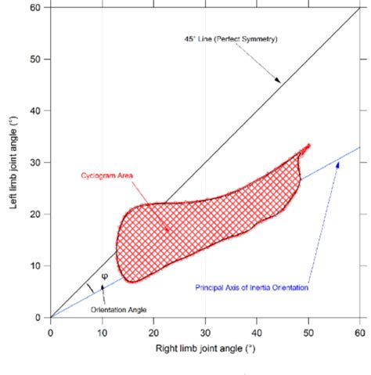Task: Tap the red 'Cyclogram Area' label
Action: pos(106,176)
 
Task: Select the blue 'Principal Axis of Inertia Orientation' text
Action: pos(251,287)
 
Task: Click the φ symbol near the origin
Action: pos(105,276)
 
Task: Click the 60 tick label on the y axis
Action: pos(34,8)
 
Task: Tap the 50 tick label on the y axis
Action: pos(34,59)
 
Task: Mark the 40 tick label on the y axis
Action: pos(34,111)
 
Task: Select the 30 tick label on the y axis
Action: pos(34,163)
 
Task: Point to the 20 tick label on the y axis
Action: pos(34,214)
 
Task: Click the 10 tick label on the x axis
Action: pos(102,331)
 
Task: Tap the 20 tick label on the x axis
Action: pos(153,331)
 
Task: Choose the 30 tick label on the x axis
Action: pos(205,331)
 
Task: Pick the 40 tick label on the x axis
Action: pos(257,331)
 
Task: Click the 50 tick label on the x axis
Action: pos(308,331)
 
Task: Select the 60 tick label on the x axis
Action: pos(360,331)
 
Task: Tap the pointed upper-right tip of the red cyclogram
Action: pos(309,146)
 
